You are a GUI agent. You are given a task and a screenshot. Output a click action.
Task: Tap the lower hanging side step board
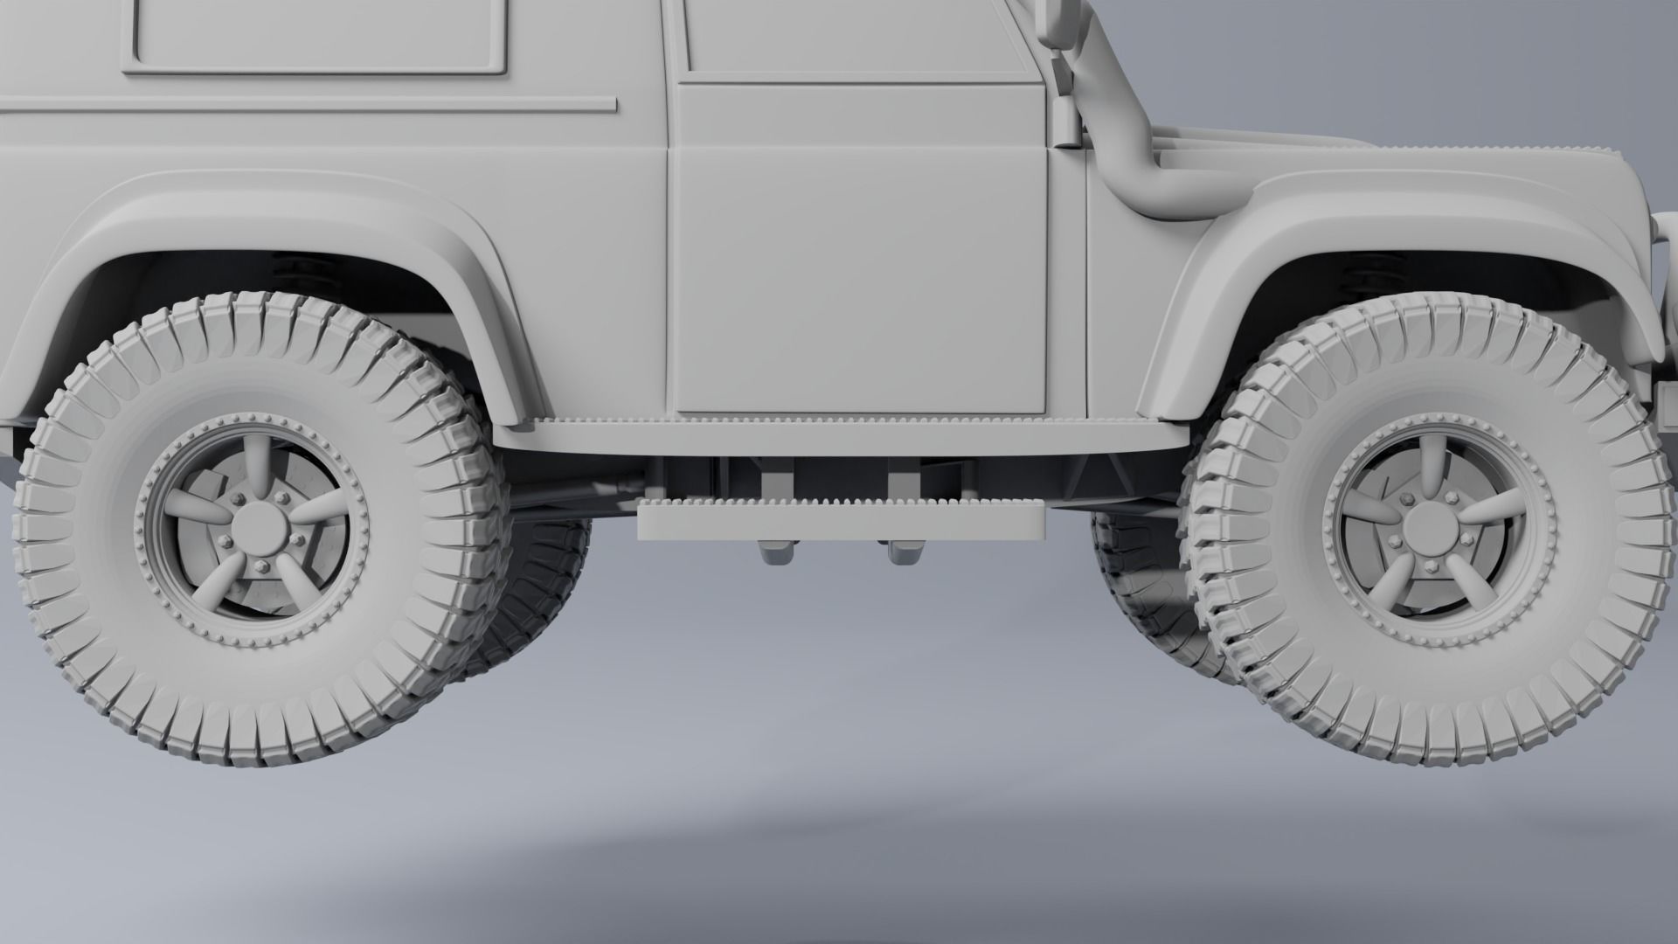coord(841,522)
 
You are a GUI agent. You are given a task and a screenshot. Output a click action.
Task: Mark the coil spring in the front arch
coord(1363,271)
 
